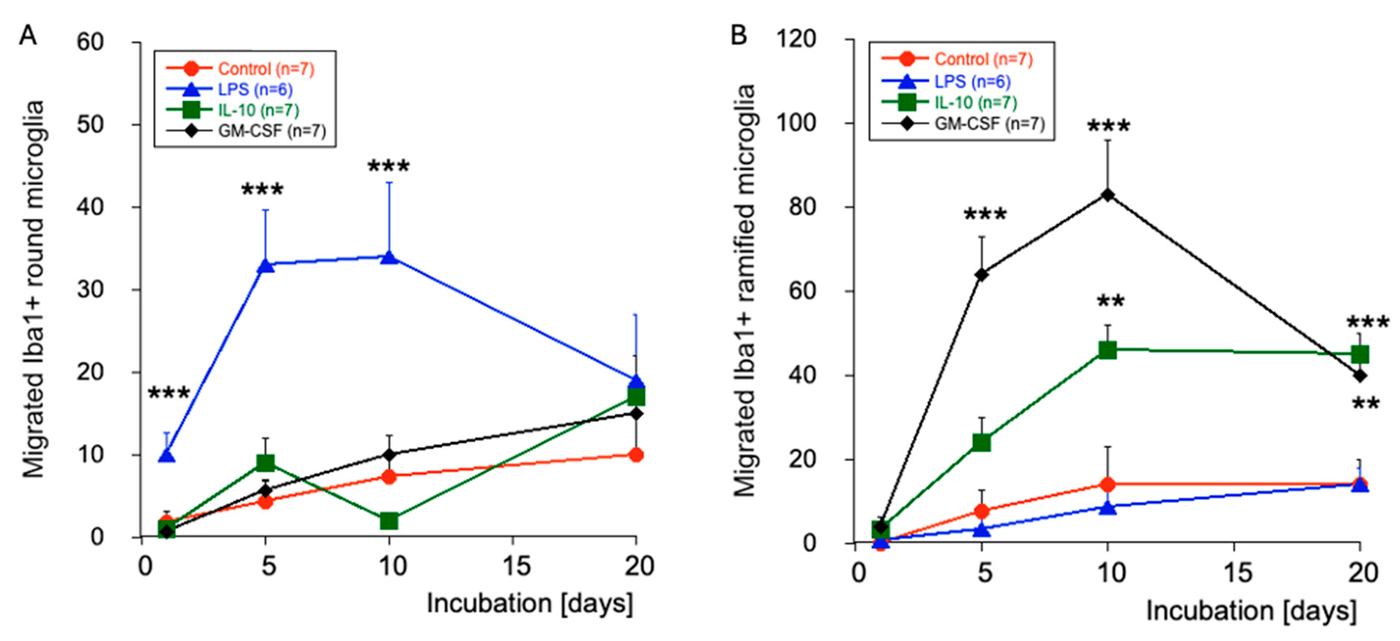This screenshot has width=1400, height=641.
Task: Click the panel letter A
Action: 28,36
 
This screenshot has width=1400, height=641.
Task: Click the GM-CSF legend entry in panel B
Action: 989,124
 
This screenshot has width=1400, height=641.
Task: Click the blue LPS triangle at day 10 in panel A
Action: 389,257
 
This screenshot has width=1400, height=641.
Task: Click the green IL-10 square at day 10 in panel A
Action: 389,521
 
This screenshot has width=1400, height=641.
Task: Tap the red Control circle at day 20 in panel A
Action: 636,454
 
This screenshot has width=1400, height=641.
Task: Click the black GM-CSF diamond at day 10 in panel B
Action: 1108,195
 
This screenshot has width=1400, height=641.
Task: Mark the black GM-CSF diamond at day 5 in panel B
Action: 981,274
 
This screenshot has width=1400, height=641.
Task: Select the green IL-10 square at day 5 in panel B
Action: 981,442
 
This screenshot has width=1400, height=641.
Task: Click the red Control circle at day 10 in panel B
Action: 1108,484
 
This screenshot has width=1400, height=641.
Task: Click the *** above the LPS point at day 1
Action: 169,393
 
